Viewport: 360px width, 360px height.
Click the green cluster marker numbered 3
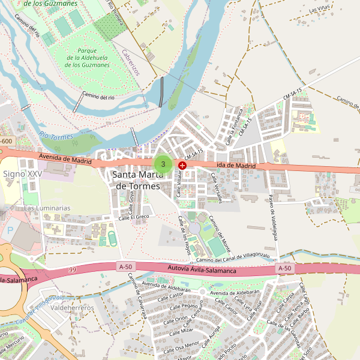click(x=163, y=164)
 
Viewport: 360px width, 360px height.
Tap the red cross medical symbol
click(x=182, y=164)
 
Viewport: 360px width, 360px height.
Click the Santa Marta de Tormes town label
click(x=138, y=180)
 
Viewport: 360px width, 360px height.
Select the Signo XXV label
click(x=23, y=173)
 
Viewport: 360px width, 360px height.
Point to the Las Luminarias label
click(x=47, y=208)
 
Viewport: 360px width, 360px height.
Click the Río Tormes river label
click(x=55, y=136)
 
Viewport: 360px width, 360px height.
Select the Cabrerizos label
click(x=130, y=62)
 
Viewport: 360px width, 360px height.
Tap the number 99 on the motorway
click(x=73, y=271)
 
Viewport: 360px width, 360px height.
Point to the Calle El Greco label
click(x=133, y=217)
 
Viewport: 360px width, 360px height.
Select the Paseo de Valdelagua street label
click(x=273, y=217)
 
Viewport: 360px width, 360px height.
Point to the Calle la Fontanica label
click(x=233, y=125)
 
